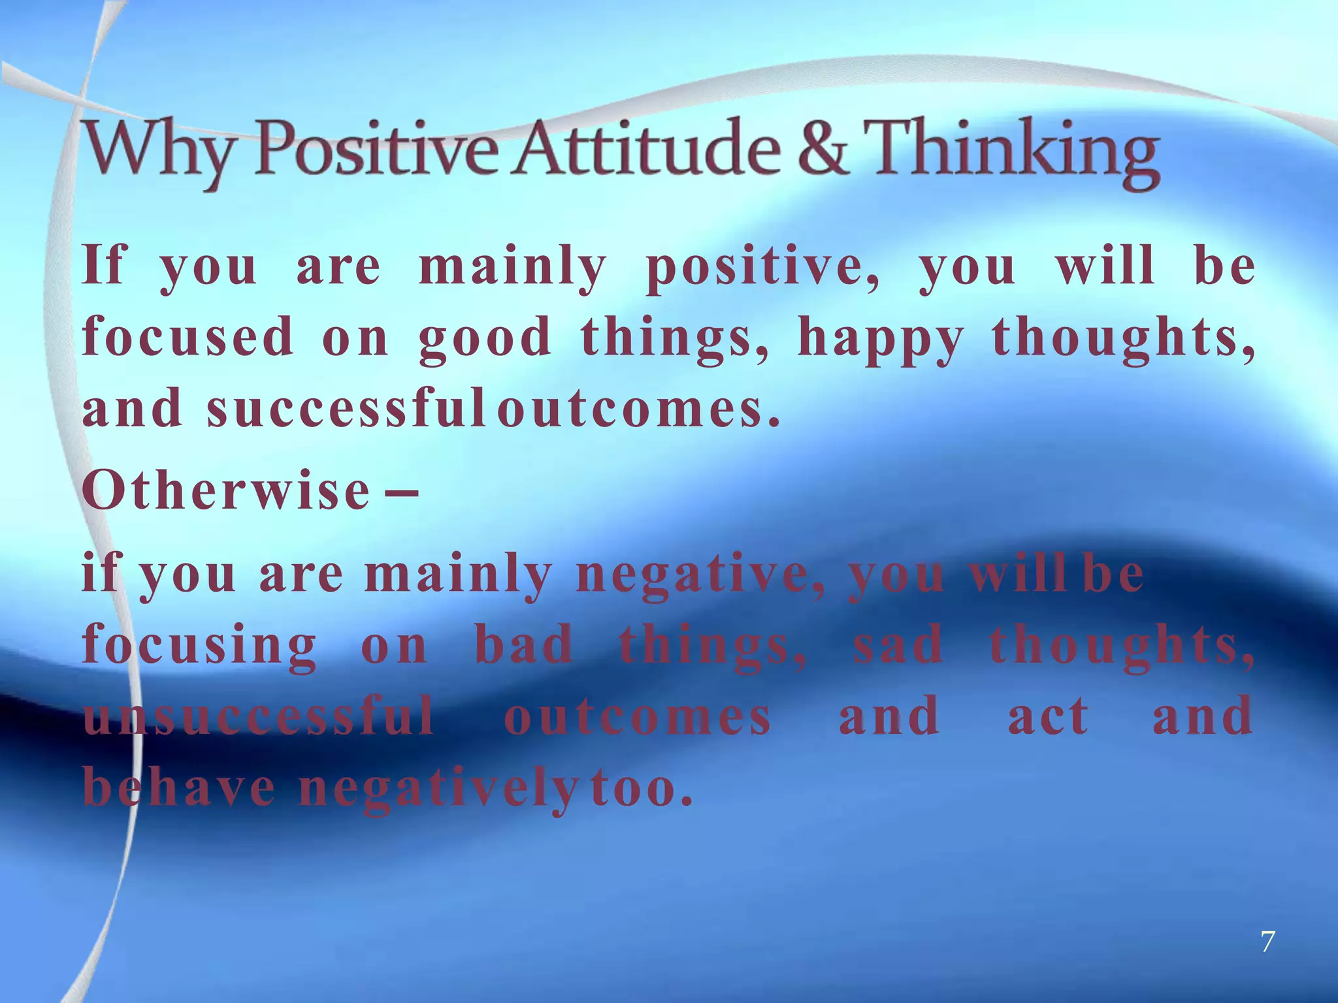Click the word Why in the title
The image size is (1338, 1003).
[155, 151]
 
